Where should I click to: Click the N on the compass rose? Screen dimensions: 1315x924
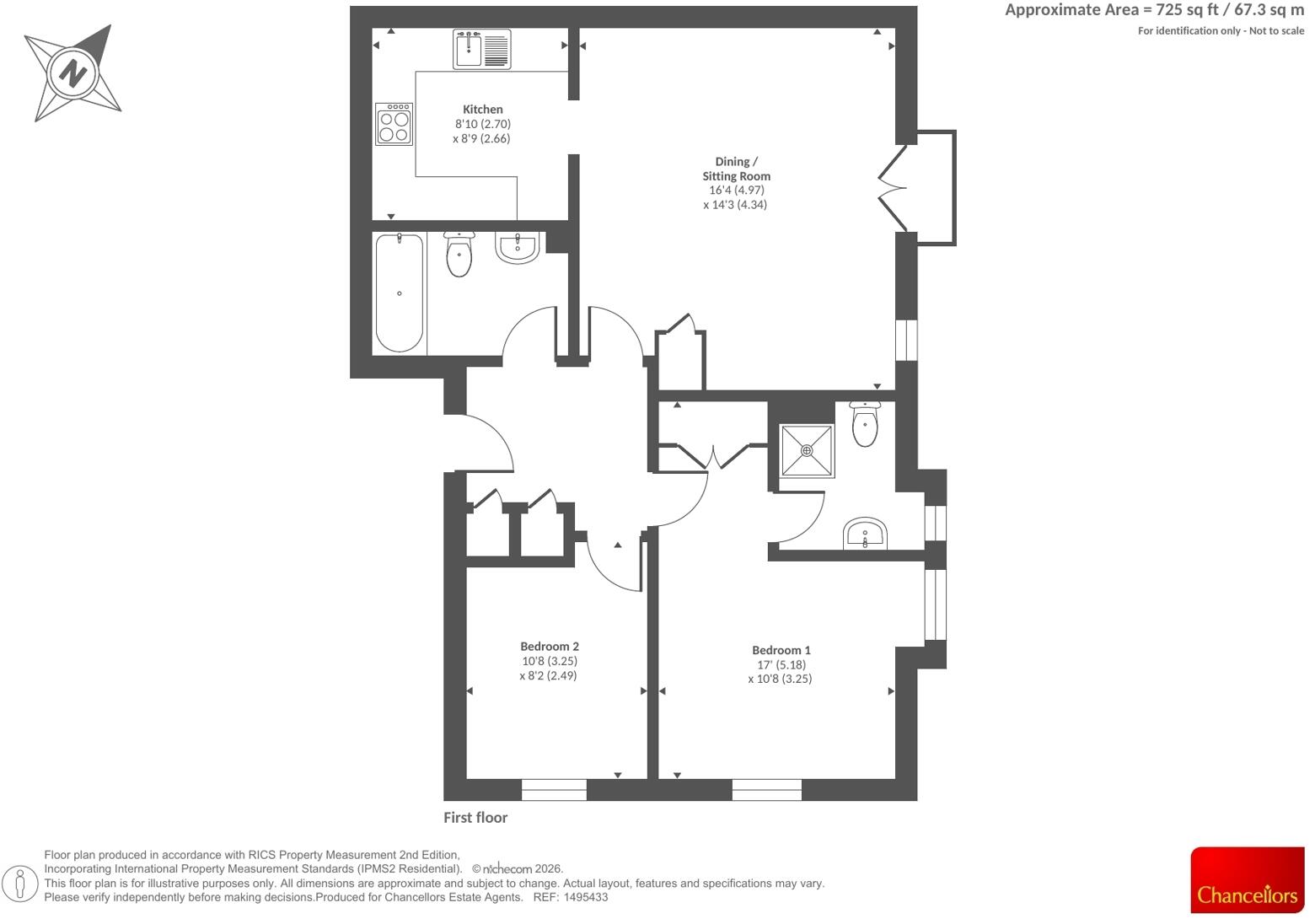(x=72, y=74)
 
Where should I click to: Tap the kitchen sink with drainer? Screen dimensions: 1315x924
(x=482, y=49)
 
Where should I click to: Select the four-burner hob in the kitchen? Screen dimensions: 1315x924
(x=394, y=124)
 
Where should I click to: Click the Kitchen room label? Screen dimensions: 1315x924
(x=482, y=110)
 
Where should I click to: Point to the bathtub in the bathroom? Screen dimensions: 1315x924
(x=400, y=293)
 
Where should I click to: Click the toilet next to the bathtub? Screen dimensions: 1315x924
(x=459, y=255)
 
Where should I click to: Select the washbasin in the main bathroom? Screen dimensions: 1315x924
(x=518, y=247)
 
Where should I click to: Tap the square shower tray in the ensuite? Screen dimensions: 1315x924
(x=807, y=451)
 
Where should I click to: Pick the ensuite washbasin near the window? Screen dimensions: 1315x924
(x=865, y=534)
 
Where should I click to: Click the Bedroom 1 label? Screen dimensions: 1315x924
(x=781, y=651)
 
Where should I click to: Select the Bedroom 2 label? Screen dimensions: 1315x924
(x=550, y=647)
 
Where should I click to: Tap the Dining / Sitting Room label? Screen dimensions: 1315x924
(x=736, y=169)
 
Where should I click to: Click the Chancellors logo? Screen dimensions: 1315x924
(x=1248, y=880)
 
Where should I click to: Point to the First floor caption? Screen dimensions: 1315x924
(x=475, y=818)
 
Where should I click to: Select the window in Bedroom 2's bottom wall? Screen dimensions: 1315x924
(x=554, y=790)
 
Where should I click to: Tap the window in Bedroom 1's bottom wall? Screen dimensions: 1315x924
(x=767, y=790)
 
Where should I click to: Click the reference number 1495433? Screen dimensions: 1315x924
(x=586, y=898)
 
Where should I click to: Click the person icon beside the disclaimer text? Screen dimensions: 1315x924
(x=20, y=884)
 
